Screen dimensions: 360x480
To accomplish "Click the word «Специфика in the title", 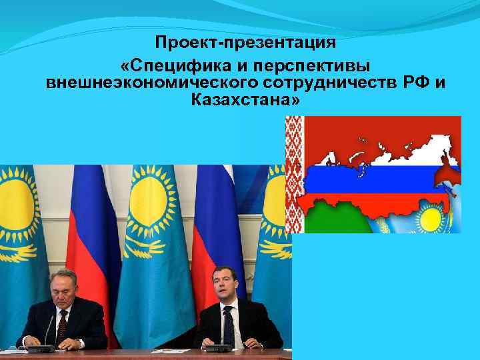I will click(167, 67).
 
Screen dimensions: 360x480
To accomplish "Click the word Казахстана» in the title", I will click(245, 101).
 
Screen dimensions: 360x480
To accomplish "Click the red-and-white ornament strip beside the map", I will click(294, 173).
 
